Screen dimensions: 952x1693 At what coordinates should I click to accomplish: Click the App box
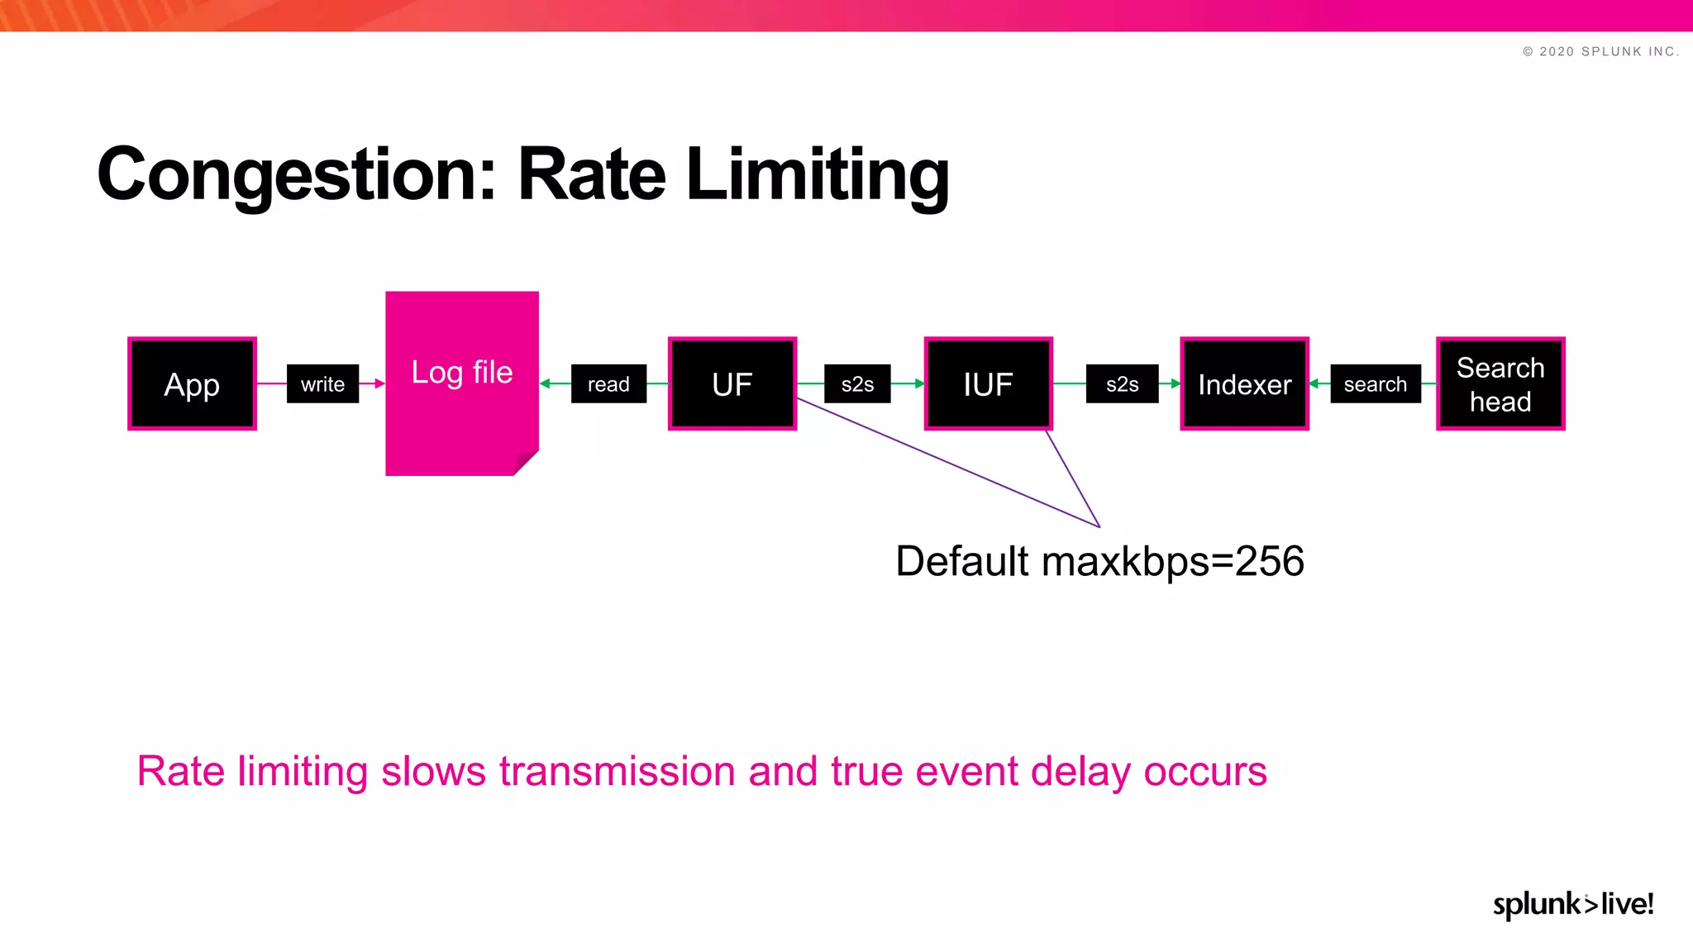tap(192, 384)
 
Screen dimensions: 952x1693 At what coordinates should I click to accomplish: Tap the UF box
tap(732, 384)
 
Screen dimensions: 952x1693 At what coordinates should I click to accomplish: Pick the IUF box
tap(988, 384)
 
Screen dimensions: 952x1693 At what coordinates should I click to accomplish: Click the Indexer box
tap(1244, 384)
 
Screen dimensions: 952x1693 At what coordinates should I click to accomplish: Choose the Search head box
tap(1500, 384)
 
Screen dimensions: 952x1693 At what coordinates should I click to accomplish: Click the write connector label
tap(322, 384)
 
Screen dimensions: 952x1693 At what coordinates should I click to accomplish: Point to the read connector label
tap(608, 384)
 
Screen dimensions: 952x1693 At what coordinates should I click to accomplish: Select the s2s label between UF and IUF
tap(857, 384)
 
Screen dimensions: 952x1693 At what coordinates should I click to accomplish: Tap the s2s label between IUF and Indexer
tap(1122, 384)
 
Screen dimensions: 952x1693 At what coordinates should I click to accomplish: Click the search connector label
tap(1375, 384)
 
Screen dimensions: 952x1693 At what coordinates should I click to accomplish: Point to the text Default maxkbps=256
tap(1099, 562)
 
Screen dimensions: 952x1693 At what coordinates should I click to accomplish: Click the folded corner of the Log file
tap(526, 464)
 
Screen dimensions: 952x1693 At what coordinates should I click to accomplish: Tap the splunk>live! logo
tap(1572, 904)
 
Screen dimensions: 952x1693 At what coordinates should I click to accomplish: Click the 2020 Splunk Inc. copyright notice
tap(1600, 51)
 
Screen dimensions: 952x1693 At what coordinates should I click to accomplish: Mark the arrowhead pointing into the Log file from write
tap(379, 383)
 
